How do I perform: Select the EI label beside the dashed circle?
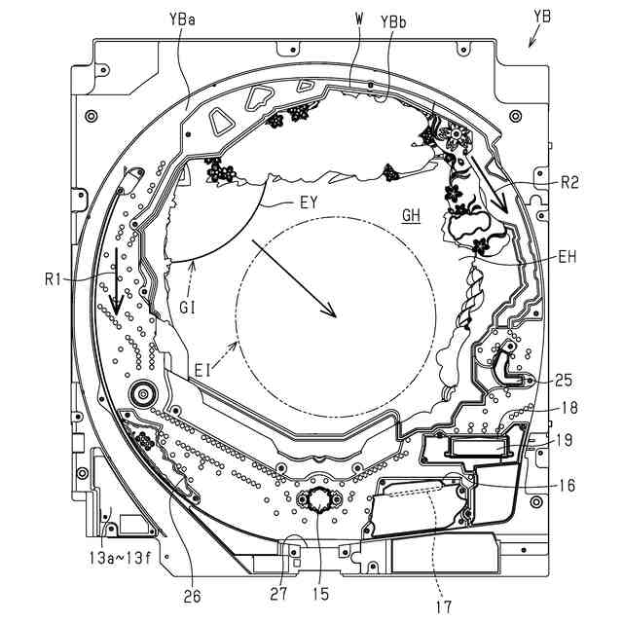(202, 370)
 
